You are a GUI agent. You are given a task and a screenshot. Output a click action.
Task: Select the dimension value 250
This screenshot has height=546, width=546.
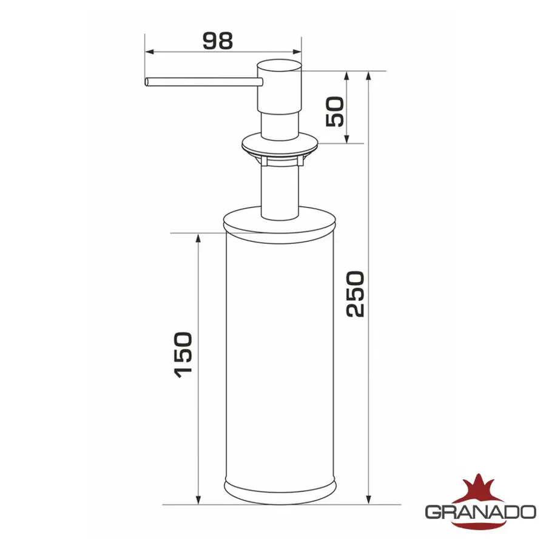[x=355, y=294]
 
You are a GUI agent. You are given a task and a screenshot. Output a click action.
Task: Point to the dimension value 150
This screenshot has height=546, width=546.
[x=184, y=355]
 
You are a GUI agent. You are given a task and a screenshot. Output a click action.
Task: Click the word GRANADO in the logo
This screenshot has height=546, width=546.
[x=480, y=511]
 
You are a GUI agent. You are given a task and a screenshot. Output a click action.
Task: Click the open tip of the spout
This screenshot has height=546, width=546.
[x=146, y=82]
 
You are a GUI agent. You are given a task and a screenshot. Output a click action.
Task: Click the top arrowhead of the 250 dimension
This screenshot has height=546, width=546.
[x=369, y=76]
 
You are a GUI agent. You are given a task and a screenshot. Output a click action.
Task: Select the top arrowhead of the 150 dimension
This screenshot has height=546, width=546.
[x=198, y=238]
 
